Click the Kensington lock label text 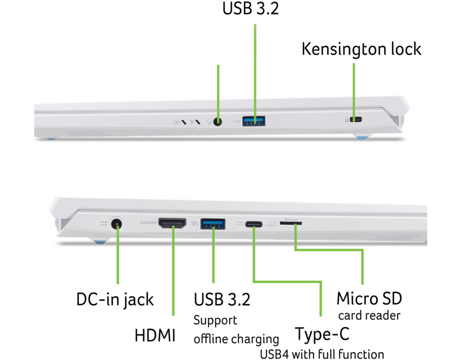[361, 49]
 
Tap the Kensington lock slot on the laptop [357, 120]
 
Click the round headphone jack [218, 121]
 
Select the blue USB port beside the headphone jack [254, 121]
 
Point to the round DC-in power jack [117, 223]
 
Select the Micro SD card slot [291, 223]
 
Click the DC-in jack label [115, 299]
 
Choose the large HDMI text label [155, 336]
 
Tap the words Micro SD [369, 298]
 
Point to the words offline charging [236, 338]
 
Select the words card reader [369, 315]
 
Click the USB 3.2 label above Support [222, 299]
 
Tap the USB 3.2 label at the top [250, 9]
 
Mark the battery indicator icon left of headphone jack [177, 121]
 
